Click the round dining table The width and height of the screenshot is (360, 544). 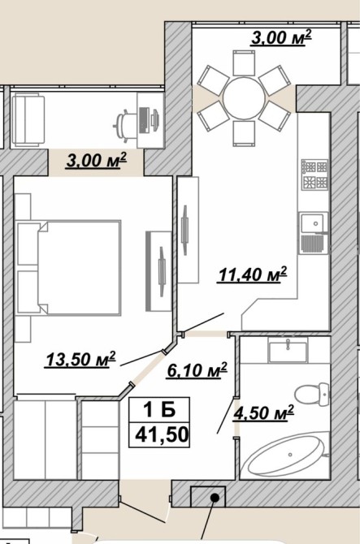click(245, 98)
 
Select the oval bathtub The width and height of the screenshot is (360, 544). click(286, 455)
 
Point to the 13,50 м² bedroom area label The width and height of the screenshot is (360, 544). click(80, 360)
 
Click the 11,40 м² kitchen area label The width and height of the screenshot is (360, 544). click(253, 274)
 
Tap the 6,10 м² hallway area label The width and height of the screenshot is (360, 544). click(197, 369)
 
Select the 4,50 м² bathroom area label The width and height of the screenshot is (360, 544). click(264, 412)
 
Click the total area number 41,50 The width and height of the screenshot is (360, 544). click(162, 434)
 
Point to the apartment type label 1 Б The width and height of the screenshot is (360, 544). click(159, 410)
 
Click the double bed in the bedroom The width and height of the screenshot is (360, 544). click(69, 267)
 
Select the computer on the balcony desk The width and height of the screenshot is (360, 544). click(150, 120)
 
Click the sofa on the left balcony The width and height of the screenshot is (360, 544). click(28, 119)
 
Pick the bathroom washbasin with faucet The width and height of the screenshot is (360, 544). click(288, 351)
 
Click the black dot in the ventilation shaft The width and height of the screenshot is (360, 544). click(215, 499)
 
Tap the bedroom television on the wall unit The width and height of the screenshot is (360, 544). click(162, 272)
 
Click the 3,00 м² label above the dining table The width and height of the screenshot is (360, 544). click(281, 38)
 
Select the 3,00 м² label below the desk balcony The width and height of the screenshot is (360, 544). click(97, 160)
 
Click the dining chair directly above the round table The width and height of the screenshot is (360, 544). click(244, 63)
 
